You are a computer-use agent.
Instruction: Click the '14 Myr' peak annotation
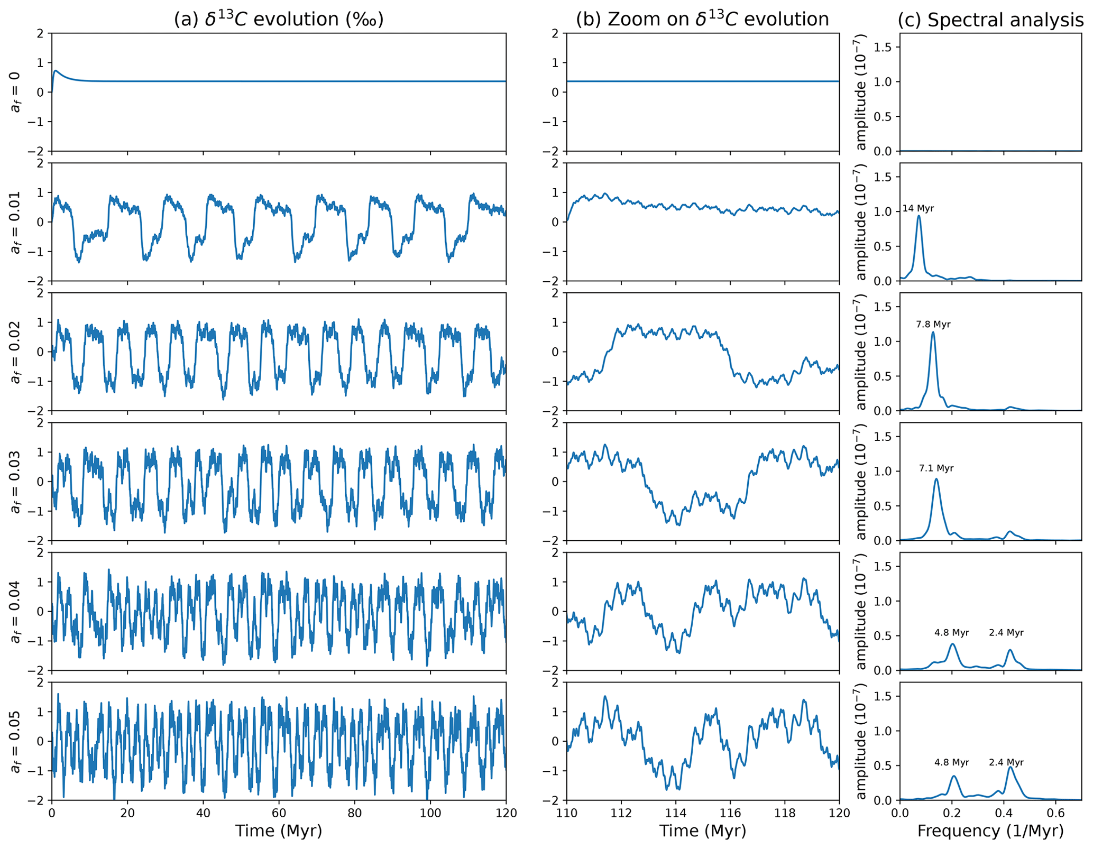coord(918,209)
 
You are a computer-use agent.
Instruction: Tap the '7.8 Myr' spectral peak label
coord(933,325)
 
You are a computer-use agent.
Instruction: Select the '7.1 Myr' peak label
coord(936,468)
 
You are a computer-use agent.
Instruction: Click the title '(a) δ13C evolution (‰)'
coord(279,20)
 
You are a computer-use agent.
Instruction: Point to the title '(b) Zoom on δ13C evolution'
coord(702,20)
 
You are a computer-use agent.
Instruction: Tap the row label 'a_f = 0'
coord(16,92)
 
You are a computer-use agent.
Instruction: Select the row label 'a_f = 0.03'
coord(16,482)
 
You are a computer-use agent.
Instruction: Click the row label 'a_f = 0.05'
coord(16,741)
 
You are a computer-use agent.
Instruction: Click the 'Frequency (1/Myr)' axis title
coord(990,831)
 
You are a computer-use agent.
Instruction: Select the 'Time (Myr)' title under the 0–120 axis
coord(279,831)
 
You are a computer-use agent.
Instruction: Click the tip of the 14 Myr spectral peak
coord(919,216)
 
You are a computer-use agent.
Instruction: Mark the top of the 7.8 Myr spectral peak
coord(933,332)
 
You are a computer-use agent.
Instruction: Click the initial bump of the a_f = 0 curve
coord(56,70)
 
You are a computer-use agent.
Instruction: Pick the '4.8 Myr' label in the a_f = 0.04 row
coord(952,632)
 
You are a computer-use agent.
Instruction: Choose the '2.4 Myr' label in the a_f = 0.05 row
coord(1006,762)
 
